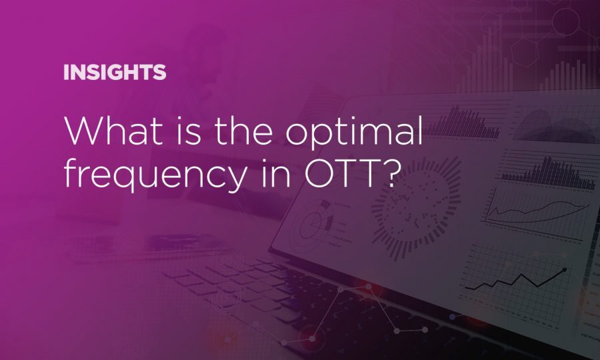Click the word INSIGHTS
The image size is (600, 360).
(115, 73)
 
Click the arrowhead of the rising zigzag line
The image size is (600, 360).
(565, 269)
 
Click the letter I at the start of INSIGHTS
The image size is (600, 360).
(66, 73)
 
